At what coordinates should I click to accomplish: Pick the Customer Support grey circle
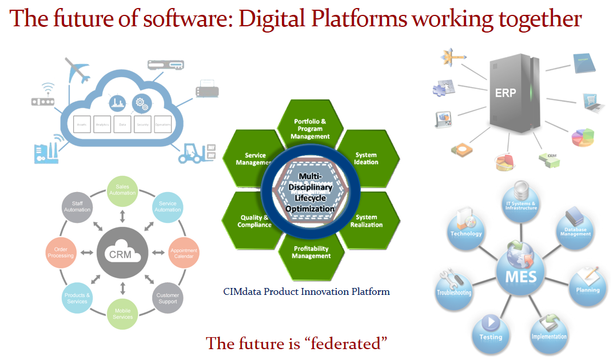[168, 298]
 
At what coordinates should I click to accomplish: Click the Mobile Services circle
[123, 314]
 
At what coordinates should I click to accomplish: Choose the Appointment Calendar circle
[184, 253]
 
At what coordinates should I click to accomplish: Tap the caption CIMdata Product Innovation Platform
[307, 291]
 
